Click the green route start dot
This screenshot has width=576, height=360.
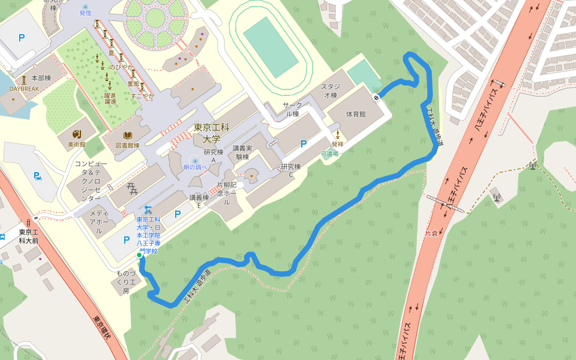(139, 256)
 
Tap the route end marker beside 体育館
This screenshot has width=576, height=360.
(376, 97)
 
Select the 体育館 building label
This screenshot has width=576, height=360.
(355, 114)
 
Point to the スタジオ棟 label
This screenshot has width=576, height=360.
(331, 91)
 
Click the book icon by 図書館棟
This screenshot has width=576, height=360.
(127, 136)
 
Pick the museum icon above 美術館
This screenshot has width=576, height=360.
(76, 134)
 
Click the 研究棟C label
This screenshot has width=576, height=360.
(291, 170)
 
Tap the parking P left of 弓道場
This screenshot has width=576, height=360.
(303, 144)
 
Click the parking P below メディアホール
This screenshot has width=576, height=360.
(126, 240)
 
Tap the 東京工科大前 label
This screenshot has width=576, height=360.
(28, 236)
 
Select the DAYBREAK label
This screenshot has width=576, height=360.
(24, 89)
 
